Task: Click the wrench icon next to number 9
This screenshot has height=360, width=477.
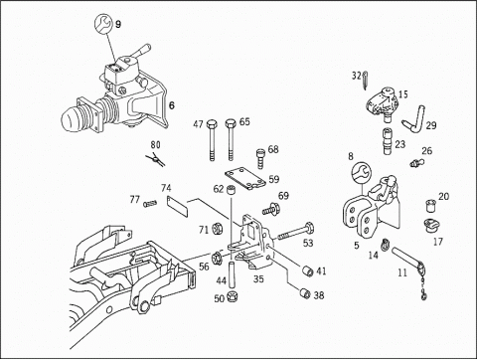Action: pos(103,24)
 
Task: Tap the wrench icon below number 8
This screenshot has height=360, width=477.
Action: pos(362,172)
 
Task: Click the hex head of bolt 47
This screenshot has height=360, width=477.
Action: pos(212,124)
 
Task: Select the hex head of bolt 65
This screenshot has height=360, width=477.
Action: pos(231,124)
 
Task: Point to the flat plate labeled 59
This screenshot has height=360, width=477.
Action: pos(245,179)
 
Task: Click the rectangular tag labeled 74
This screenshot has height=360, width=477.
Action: pos(178,206)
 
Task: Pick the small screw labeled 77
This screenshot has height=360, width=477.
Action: pos(150,204)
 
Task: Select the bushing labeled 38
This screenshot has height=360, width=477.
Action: pos(305,293)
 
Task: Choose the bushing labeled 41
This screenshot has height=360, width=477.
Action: pos(307,270)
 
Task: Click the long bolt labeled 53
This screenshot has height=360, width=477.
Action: pos(293,233)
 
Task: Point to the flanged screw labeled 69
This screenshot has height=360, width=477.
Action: pos(271,210)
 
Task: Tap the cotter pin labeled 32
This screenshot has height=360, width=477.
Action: pos(365,81)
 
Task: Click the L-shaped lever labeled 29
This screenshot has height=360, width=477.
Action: pos(414,120)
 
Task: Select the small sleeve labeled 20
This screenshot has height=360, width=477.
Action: pos(430,206)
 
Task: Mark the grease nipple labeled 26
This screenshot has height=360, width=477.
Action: pos(416,163)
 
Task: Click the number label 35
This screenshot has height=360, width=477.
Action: pos(258,278)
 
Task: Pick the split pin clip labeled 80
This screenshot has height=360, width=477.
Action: pos(156,159)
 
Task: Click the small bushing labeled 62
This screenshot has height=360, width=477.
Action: pos(231,191)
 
